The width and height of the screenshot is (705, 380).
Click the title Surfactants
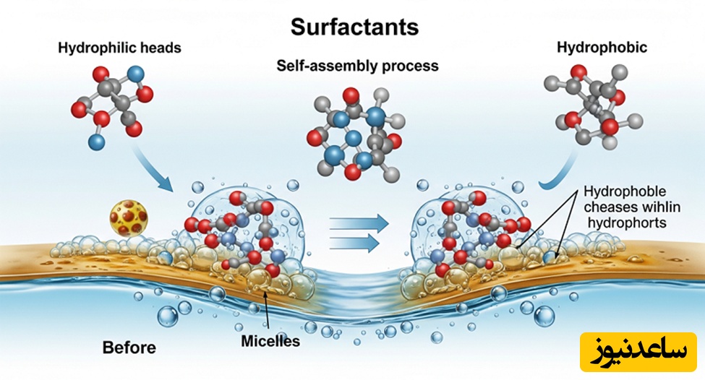354,27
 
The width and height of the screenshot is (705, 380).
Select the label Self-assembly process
357,66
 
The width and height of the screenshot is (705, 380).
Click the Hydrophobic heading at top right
602,48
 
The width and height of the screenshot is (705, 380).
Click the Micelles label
270,340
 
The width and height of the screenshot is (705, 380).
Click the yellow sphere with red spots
128,217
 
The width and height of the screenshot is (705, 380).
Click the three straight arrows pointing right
354,233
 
